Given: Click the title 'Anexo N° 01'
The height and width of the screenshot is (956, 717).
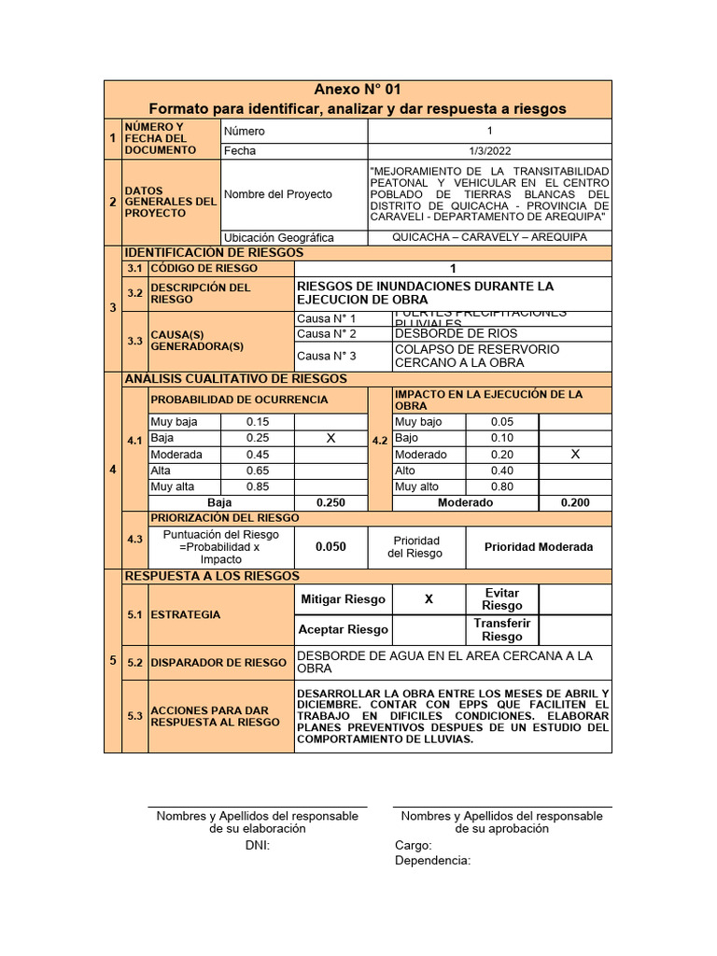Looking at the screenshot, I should click(x=358, y=90).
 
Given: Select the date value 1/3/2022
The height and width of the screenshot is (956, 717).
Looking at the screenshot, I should click(x=489, y=150).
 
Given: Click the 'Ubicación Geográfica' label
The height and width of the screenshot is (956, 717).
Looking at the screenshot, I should click(x=278, y=237).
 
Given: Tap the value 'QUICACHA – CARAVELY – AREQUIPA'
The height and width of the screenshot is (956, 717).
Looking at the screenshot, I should click(x=489, y=237).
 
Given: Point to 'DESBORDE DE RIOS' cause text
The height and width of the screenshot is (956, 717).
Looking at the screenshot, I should click(x=456, y=333).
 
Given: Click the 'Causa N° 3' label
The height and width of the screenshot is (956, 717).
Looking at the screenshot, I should click(x=327, y=356).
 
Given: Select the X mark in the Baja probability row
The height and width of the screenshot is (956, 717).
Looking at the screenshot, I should click(x=330, y=438).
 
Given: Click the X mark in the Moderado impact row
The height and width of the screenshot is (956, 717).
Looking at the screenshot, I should click(x=575, y=454).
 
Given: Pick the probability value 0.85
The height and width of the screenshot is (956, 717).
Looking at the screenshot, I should click(x=258, y=486).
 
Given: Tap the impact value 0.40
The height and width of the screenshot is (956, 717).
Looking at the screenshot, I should click(x=502, y=471).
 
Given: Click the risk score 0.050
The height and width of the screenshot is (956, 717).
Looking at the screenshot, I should click(x=330, y=547).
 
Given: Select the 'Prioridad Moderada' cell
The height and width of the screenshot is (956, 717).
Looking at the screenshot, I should click(x=538, y=547).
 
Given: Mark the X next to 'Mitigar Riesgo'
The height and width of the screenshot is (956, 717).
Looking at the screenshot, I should click(x=429, y=599).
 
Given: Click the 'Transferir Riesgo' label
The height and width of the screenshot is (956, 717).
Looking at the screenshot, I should click(x=502, y=630).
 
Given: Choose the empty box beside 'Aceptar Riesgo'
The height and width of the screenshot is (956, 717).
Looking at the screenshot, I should click(x=429, y=629).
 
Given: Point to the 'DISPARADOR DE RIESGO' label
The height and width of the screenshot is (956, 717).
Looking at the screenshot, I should click(x=218, y=662).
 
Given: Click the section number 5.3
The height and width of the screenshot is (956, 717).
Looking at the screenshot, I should click(x=135, y=716).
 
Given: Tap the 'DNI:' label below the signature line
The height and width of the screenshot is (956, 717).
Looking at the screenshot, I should click(x=257, y=845).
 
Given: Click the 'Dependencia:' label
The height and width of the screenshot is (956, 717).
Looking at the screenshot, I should click(x=432, y=860).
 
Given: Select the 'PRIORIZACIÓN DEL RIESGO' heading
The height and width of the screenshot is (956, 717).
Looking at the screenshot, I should click(x=225, y=517).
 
